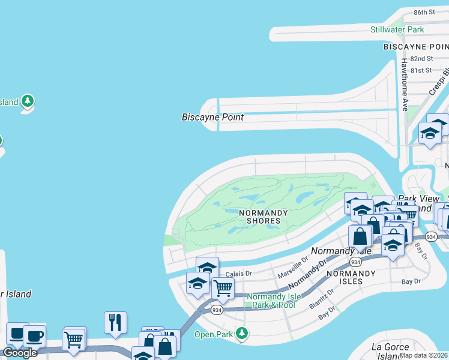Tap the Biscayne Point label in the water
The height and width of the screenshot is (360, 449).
click(212, 117)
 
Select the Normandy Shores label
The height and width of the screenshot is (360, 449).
click(259, 217)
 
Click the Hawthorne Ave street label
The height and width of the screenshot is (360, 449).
click(405, 85)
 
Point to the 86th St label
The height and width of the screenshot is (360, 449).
click(424, 12)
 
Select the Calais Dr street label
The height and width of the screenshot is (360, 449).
click(238, 273)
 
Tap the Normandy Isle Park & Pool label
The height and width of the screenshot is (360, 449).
click(271, 301)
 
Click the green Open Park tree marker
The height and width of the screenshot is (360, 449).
click(242, 332)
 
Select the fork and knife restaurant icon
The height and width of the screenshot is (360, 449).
click(114, 322)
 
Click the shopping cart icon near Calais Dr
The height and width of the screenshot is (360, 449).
click(223, 288)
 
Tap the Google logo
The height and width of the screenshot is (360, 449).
click(20, 353)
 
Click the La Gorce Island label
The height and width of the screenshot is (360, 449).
click(391, 351)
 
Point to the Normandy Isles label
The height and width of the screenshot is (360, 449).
click(344, 277)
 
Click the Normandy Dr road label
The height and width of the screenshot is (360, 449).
click(309, 273)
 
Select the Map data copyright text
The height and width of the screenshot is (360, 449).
click(424, 355)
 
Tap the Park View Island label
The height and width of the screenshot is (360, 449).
click(415, 203)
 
